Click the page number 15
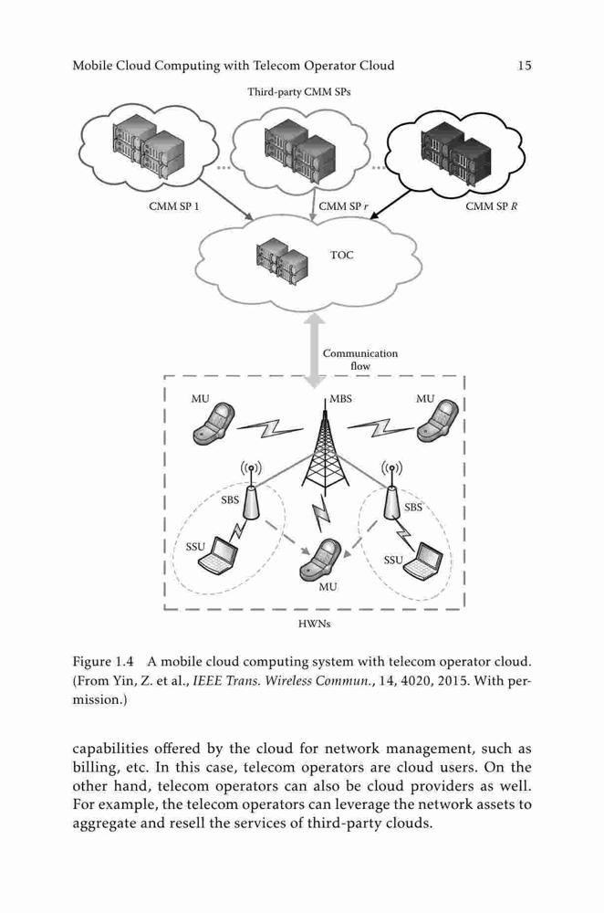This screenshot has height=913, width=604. point(525,65)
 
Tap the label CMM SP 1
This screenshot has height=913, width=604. point(174,206)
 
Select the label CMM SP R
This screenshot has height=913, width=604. point(492,206)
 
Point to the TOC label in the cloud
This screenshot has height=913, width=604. point(341,255)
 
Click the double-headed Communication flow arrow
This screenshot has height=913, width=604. point(316,352)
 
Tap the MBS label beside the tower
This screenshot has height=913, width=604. point(340,399)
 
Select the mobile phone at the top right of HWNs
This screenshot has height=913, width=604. point(438,421)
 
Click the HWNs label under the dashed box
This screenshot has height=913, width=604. point(314,624)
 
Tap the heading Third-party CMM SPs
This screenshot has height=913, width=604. point(299,91)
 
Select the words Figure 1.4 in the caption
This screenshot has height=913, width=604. point(103,661)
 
